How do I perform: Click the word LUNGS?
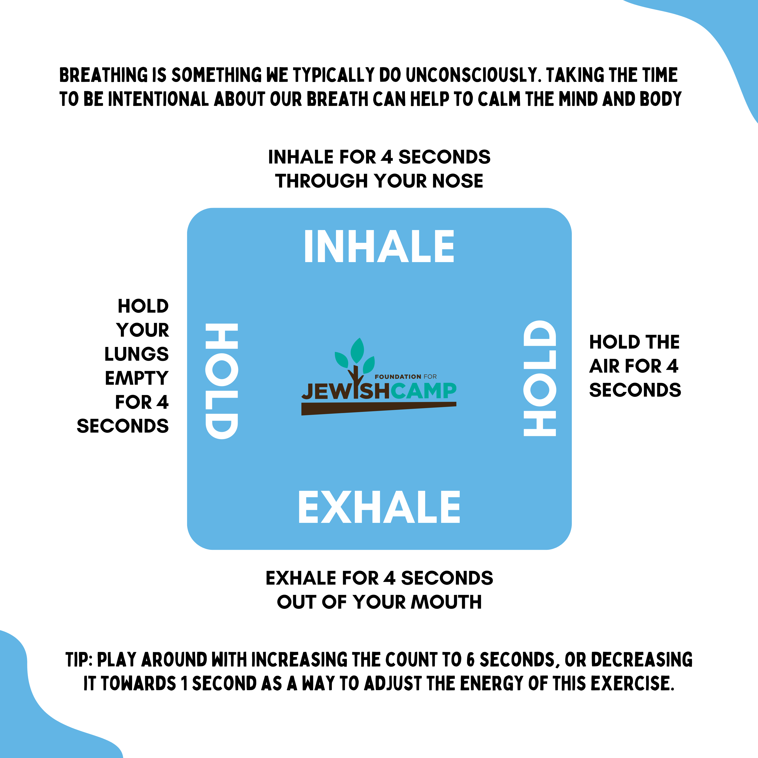136,354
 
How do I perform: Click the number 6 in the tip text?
471,660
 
